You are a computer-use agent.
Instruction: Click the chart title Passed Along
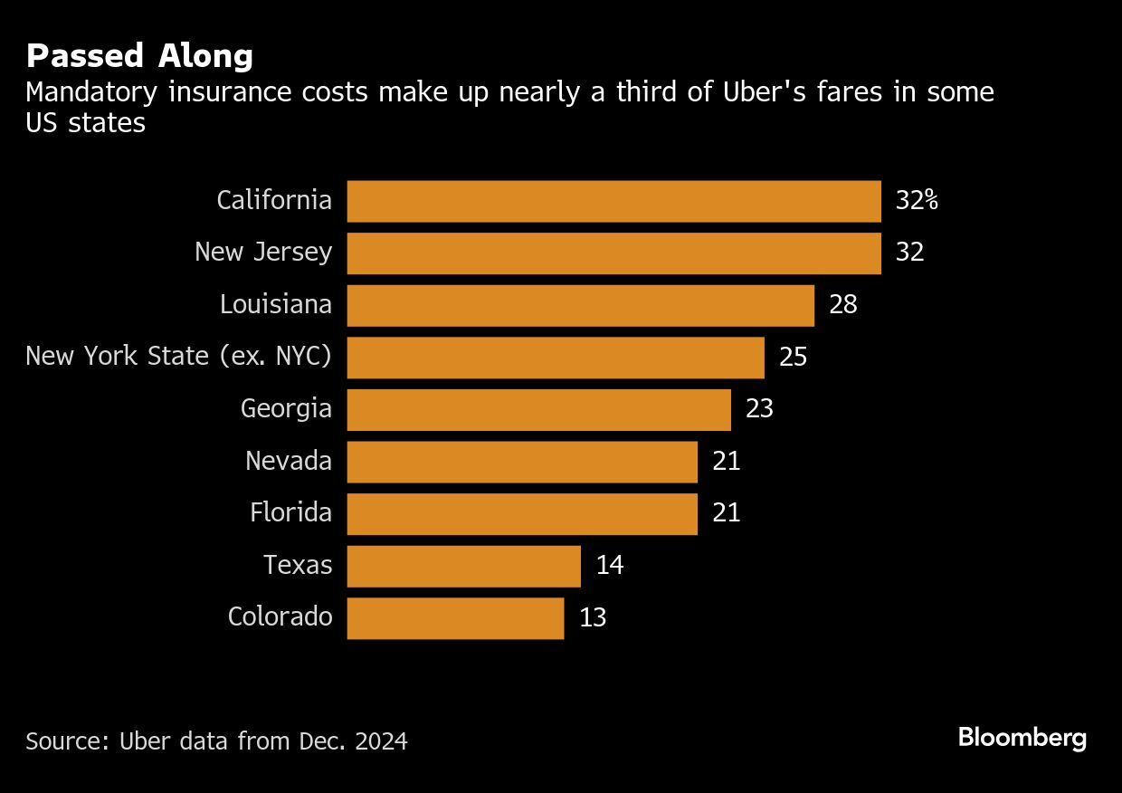139,56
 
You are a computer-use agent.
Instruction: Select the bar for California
613,201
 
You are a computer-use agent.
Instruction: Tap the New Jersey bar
613,253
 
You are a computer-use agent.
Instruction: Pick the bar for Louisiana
580,305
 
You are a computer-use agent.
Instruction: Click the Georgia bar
538,409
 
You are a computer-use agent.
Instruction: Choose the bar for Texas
463,566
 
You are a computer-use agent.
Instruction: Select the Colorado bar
455,617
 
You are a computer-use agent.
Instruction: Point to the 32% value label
917,201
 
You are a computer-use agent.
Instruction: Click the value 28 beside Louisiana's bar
842,305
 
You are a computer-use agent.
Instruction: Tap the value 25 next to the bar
793,357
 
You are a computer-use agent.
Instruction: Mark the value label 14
610,566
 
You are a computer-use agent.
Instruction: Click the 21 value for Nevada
727,462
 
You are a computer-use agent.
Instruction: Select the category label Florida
290,513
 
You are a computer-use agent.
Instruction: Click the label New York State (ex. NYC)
178,357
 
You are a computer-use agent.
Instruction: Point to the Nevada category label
288,462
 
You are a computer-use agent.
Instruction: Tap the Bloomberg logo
1022,738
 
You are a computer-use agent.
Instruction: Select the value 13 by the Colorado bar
593,617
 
